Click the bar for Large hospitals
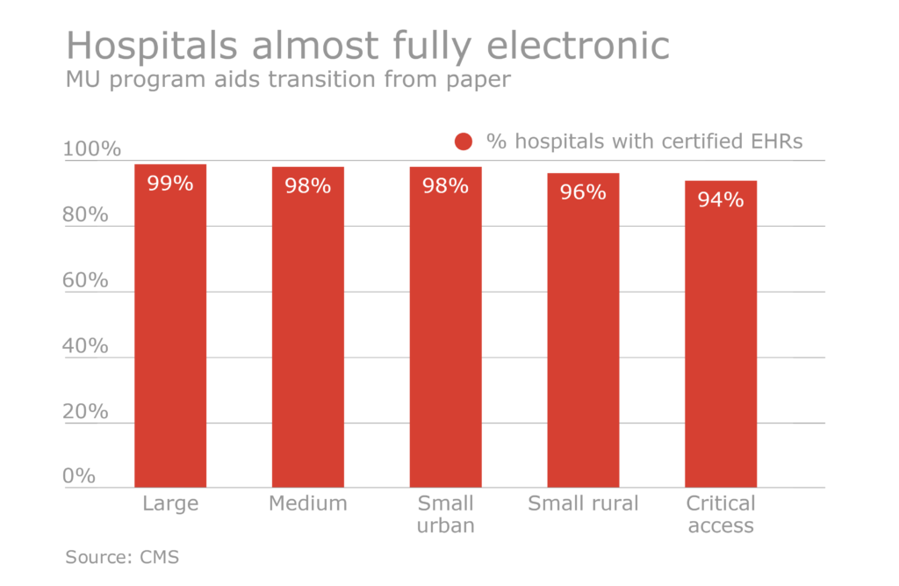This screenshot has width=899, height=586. click(x=169, y=334)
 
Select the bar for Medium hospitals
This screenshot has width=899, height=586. click(x=307, y=334)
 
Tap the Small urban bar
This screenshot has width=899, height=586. click(x=445, y=334)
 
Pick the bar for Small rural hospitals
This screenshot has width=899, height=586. click(x=583, y=338)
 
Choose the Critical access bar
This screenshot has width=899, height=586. click(x=721, y=343)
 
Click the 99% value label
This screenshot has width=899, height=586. click(x=169, y=184)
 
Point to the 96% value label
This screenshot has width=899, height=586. click(x=583, y=192)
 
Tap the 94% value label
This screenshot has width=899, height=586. click(x=721, y=199)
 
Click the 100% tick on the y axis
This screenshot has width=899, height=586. click(x=91, y=148)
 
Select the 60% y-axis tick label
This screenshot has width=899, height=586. click(x=85, y=280)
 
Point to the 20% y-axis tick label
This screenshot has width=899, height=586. click(x=85, y=411)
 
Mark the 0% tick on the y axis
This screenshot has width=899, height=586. click(x=79, y=475)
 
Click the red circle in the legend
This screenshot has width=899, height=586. click(x=464, y=141)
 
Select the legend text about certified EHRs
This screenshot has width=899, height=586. click(x=644, y=141)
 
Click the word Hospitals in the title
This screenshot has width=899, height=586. click(x=152, y=46)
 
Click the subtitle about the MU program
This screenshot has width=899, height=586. click(x=288, y=80)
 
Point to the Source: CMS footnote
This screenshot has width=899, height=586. click(x=122, y=557)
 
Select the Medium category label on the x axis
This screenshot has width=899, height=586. click(x=307, y=503)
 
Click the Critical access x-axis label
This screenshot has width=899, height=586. click(x=721, y=515)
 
